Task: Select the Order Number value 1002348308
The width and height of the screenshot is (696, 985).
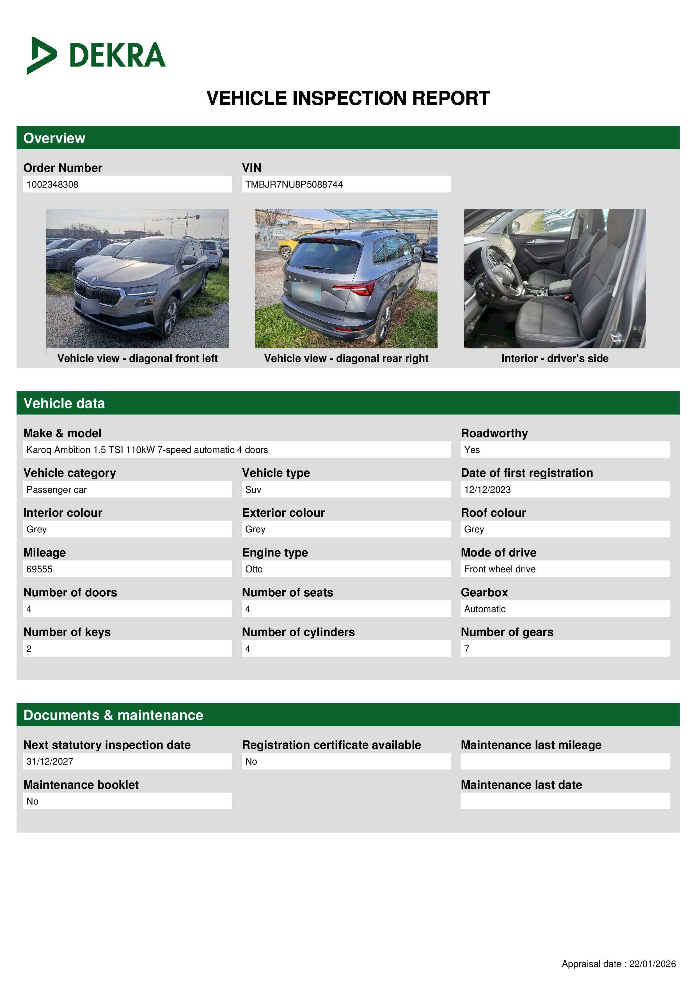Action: click(52, 184)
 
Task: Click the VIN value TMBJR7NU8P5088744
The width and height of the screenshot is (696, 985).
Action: click(294, 184)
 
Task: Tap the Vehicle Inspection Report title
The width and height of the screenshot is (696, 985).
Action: click(348, 98)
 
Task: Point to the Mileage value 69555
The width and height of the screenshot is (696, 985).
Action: click(40, 569)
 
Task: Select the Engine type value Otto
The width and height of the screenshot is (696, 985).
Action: click(254, 569)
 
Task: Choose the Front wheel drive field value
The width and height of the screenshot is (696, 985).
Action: click(500, 569)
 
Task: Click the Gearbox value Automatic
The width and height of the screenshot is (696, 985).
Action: click(485, 609)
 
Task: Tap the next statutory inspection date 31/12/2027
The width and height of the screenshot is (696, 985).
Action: click(50, 761)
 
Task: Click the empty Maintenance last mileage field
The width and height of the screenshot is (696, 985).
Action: click(564, 761)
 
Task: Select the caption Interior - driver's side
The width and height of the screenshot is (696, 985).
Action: click(555, 358)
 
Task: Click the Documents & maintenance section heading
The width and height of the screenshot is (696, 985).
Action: click(113, 715)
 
